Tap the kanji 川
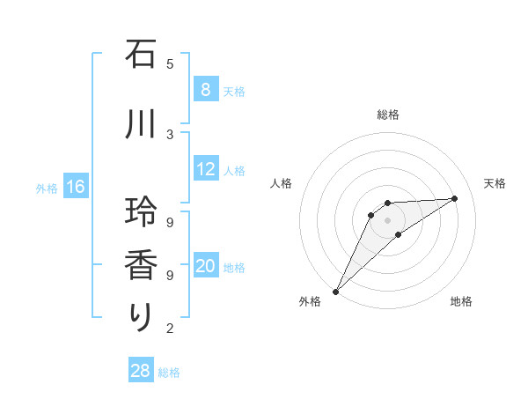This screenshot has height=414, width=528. (x=141, y=124)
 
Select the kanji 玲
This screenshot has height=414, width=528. (x=141, y=211)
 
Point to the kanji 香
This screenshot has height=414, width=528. (x=141, y=264)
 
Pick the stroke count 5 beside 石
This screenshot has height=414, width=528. (x=170, y=63)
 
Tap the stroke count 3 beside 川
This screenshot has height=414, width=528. (x=170, y=134)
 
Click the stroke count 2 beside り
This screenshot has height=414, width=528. (x=170, y=329)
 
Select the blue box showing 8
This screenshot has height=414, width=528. (x=205, y=90)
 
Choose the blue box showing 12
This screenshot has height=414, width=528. (x=206, y=169)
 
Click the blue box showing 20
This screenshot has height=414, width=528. (x=206, y=266)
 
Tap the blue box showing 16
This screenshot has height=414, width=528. (x=75, y=187)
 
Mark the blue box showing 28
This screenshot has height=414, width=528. (x=141, y=371)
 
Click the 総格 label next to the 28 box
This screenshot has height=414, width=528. (x=169, y=373)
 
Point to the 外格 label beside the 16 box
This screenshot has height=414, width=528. (x=47, y=188)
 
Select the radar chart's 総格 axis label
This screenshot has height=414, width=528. (x=387, y=115)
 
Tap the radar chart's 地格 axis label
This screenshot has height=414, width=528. (x=461, y=301)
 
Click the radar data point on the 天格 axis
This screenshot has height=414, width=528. (x=455, y=198)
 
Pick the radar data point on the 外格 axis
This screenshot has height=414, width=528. (x=335, y=291)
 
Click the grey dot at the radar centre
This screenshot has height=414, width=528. (x=387, y=219)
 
